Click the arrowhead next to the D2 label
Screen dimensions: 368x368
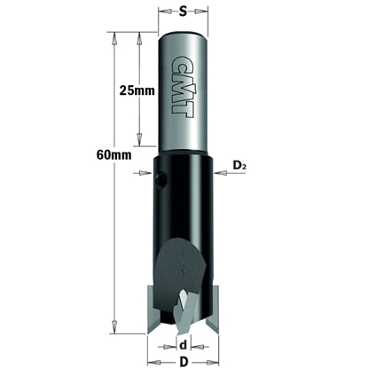click(221, 174)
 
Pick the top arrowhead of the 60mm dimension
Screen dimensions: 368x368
click(114, 36)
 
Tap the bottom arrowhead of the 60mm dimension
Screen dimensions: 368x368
click(114, 328)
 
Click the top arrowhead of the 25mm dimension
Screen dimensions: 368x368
click(138, 36)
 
